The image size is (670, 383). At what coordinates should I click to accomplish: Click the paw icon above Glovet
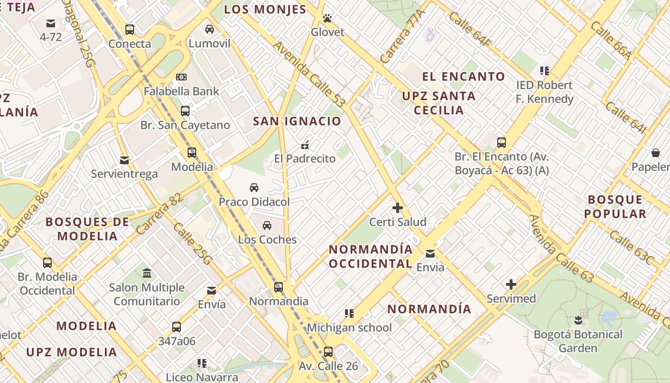pos(327,18)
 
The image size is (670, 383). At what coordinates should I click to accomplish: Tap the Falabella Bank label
pos(181,91)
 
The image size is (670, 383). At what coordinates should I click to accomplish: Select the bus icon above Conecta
pos(130,30)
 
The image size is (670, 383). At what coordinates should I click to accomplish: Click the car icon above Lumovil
pos(210,29)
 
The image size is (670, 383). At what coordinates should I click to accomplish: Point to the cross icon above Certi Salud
pos(398,208)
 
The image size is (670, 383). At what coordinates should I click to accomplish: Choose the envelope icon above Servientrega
pos(124,160)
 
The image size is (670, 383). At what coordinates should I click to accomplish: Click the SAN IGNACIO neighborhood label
pos(297,121)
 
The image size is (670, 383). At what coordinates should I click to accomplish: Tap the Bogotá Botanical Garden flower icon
pos(578,320)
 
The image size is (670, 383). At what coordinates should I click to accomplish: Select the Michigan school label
pos(349,327)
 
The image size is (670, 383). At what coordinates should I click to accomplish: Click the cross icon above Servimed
pos(511,284)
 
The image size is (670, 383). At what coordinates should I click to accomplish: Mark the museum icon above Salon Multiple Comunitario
pos(147,273)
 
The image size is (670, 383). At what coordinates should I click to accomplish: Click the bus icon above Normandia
pos(279,287)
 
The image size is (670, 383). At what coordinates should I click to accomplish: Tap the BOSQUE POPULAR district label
pos(615,206)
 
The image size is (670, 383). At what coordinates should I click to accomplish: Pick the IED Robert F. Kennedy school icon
pos(544,71)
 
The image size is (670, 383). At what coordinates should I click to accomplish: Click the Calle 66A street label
pos(611,40)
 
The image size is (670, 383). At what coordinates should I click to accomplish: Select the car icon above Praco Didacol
pos(254,188)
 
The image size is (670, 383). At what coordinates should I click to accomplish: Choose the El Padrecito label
pos(305,158)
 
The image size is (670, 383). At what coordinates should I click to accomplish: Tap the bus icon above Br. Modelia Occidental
pos(47,262)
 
